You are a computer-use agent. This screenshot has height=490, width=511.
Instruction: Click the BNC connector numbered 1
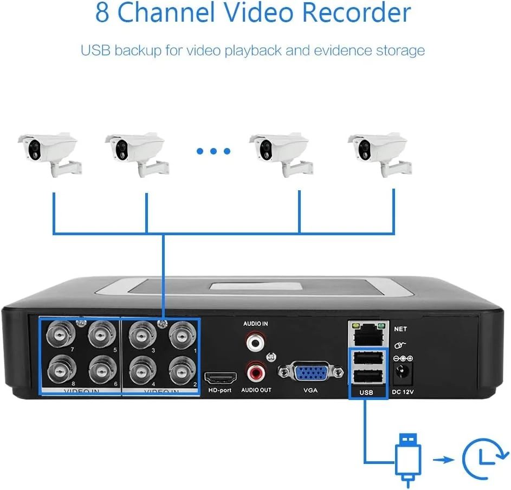tap(179, 336)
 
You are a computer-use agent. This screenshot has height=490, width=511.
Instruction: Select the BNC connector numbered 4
tap(140, 371)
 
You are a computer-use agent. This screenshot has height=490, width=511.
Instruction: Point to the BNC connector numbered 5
tap(100, 336)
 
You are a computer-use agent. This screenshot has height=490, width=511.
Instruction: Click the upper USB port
tap(369, 358)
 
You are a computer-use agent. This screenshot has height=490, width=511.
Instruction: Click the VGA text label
tap(311, 390)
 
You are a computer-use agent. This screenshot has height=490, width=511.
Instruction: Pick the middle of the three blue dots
tap(213, 151)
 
